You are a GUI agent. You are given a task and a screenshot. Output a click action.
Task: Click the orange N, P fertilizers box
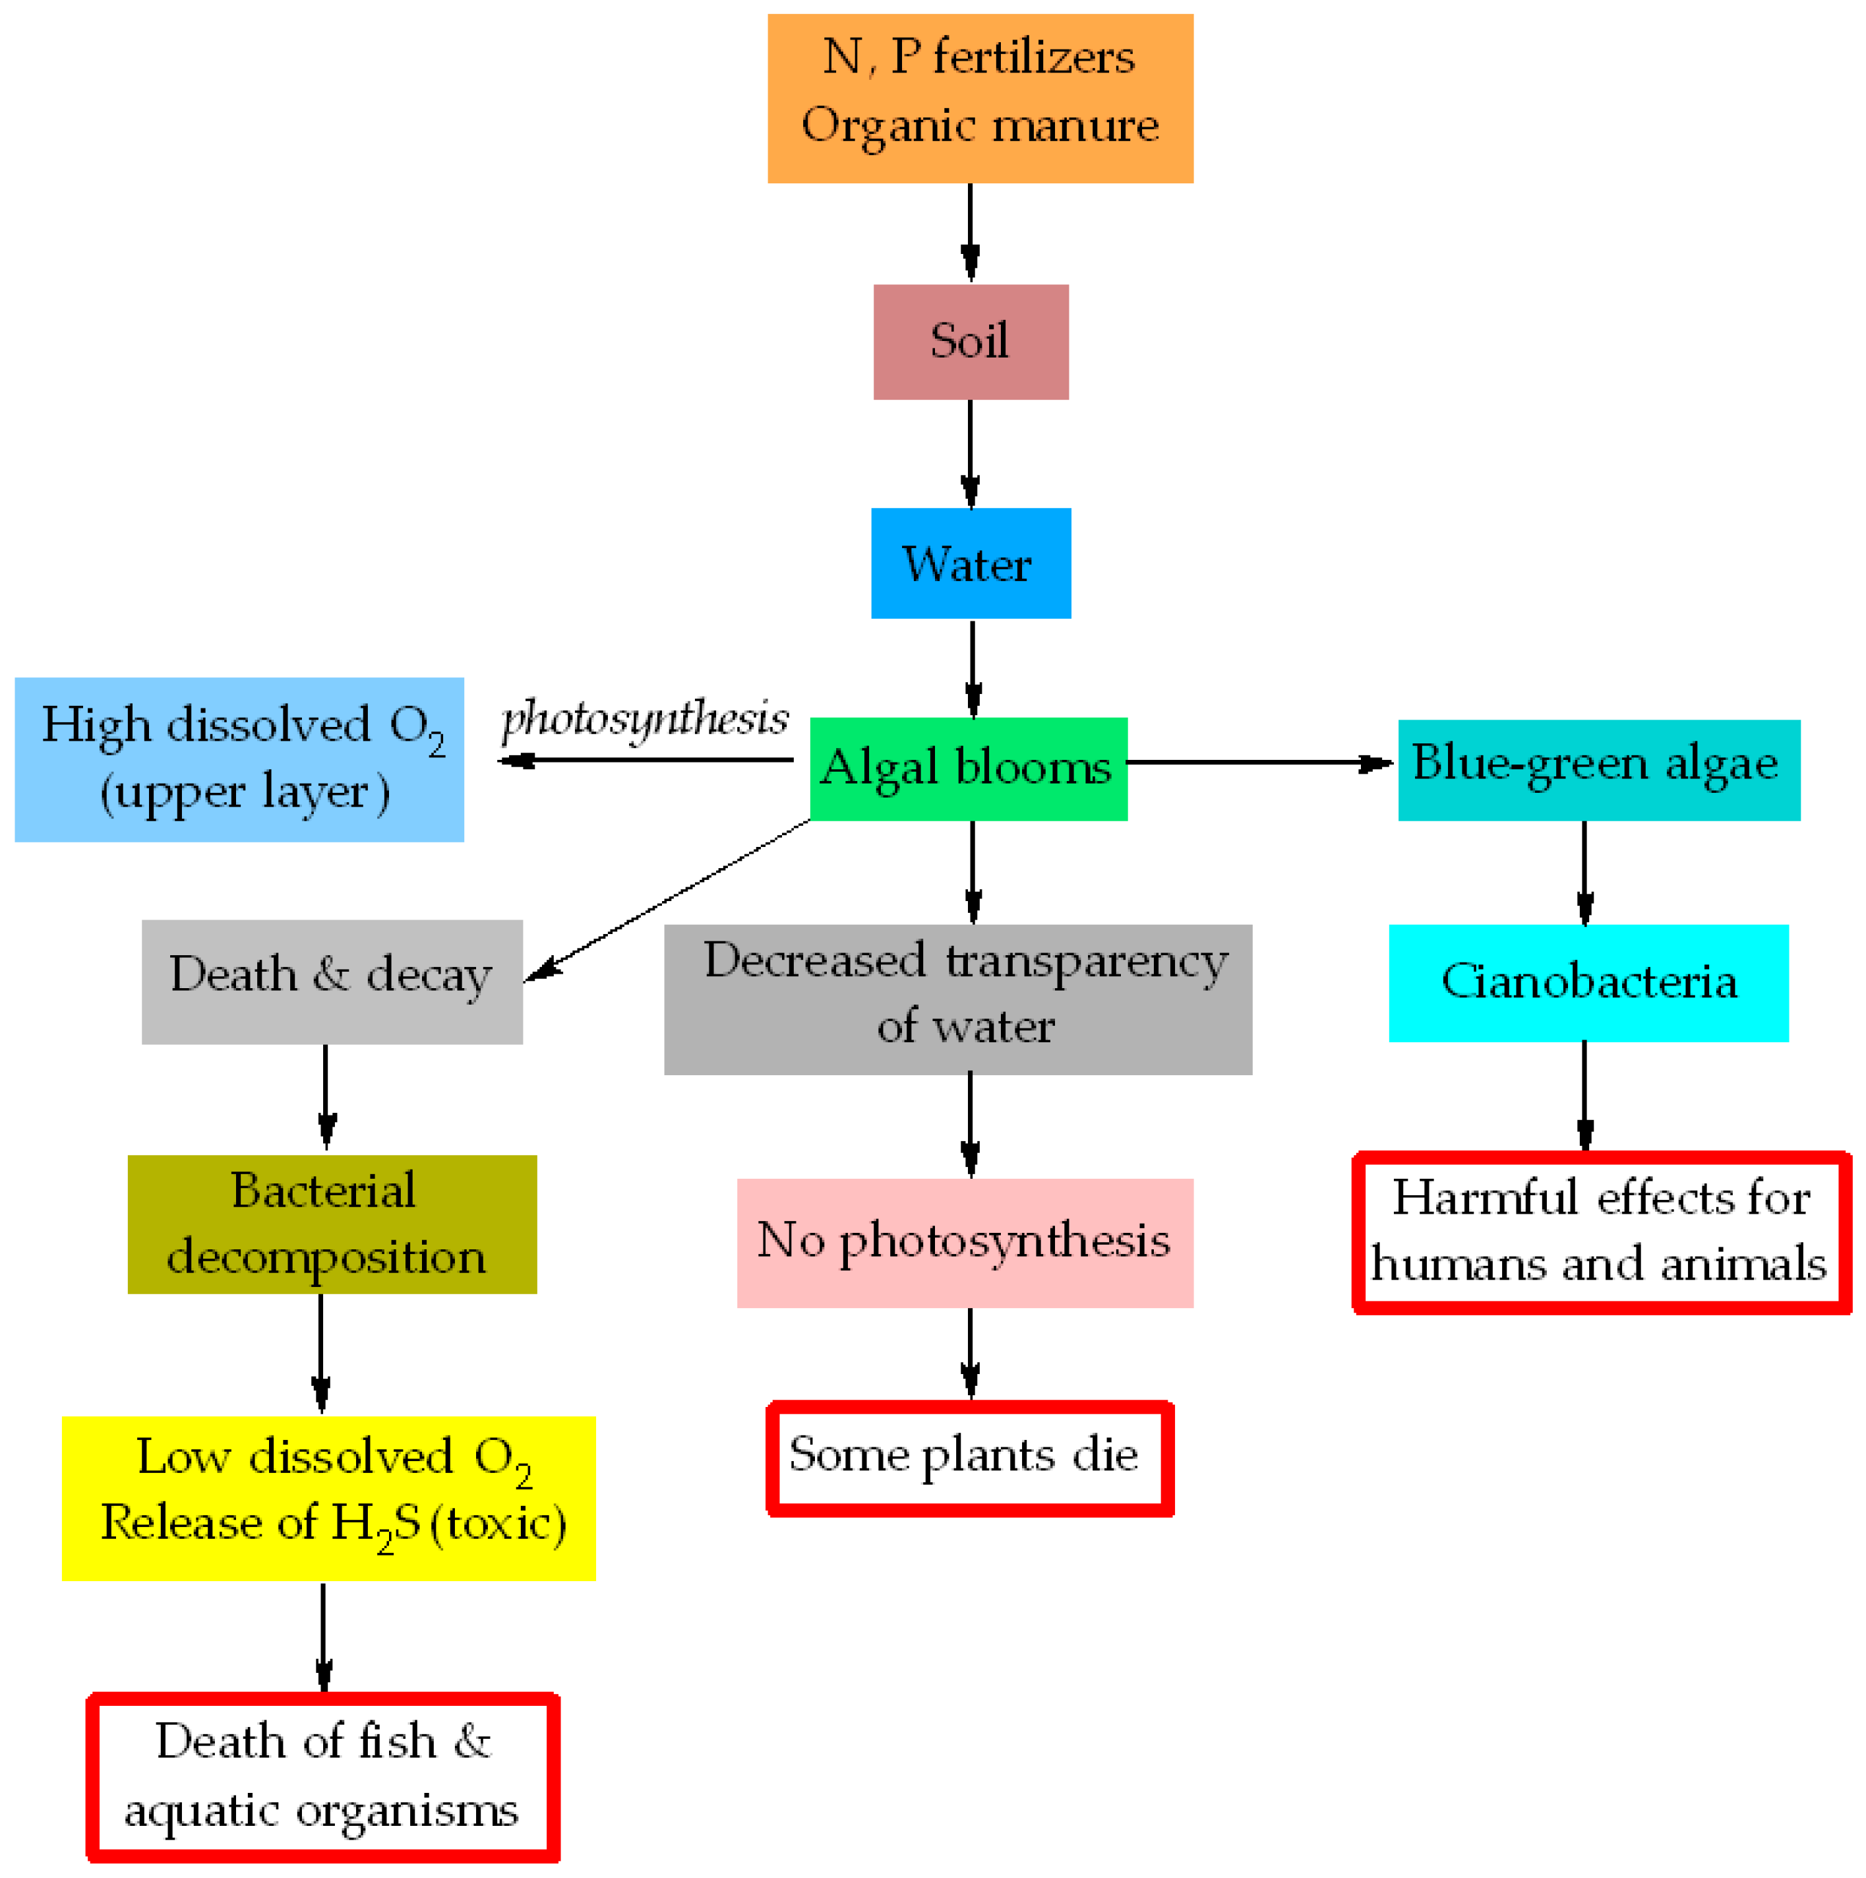click(x=980, y=98)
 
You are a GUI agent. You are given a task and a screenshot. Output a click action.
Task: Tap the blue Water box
click(x=970, y=563)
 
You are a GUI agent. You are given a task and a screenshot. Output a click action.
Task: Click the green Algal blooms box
click(x=968, y=769)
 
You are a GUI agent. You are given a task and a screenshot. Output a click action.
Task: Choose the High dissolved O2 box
click(x=239, y=759)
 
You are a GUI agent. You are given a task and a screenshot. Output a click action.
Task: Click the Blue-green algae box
click(x=1598, y=769)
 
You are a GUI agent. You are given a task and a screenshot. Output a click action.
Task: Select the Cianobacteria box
click(x=1588, y=983)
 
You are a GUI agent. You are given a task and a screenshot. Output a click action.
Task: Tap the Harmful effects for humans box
click(x=1601, y=1233)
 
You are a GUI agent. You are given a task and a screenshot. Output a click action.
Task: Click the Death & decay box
click(x=332, y=982)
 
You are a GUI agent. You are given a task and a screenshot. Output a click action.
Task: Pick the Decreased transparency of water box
click(x=957, y=999)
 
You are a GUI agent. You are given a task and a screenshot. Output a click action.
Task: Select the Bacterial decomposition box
click(x=332, y=1224)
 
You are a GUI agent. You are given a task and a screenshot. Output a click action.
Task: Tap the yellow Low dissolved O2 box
click(x=328, y=1498)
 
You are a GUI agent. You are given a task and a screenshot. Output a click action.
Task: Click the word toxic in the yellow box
click(x=498, y=1523)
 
